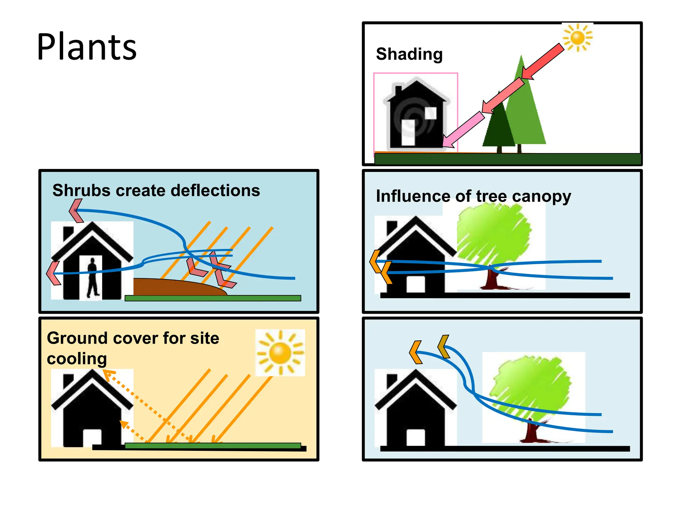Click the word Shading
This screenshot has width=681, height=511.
tap(409, 54)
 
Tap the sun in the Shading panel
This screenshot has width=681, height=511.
tap(578, 37)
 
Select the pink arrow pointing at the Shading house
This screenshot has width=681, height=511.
tap(464, 130)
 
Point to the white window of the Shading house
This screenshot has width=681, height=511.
tap(431, 113)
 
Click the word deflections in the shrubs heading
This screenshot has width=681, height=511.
tap(215, 191)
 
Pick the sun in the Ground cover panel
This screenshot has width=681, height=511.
tap(280, 353)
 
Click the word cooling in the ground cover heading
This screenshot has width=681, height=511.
tap(77, 359)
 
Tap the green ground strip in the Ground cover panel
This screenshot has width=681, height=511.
tap(213, 445)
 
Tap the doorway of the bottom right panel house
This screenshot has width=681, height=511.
tap(416, 437)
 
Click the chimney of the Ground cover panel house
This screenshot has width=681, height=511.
tap(68, 381)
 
